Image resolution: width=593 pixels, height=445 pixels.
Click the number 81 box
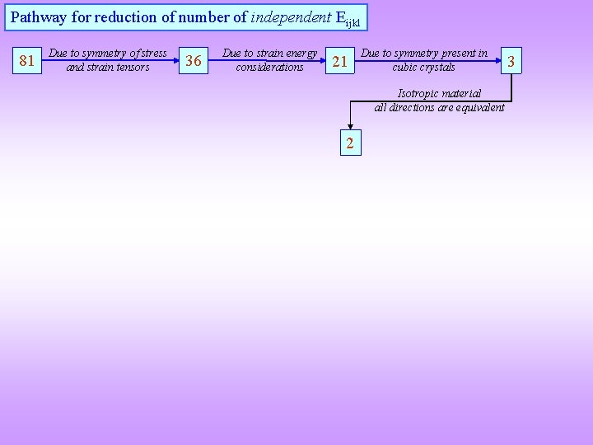[x=27, y=60]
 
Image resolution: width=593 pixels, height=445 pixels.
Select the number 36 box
[x=194, y=60]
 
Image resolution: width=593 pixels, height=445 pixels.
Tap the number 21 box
[x=339, y=60]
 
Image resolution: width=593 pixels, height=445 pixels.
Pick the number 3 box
[x=511, y=60]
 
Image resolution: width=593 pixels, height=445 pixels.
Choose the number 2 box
[x=350, y=144]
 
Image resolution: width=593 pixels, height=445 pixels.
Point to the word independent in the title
[x=289, y=16]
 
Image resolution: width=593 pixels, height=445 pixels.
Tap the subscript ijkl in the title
[x=353, y=21]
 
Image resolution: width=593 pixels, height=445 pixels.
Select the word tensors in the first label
[x=130, y=67]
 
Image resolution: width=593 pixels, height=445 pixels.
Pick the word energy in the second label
[x=299, y=54]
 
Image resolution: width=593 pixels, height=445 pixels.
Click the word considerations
[x=269, y=67]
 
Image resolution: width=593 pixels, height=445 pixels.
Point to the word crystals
[x=439, y=67]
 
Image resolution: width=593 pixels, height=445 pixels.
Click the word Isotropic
[x=420, y=94]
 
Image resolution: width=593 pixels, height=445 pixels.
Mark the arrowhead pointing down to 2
[x=350, y=129]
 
